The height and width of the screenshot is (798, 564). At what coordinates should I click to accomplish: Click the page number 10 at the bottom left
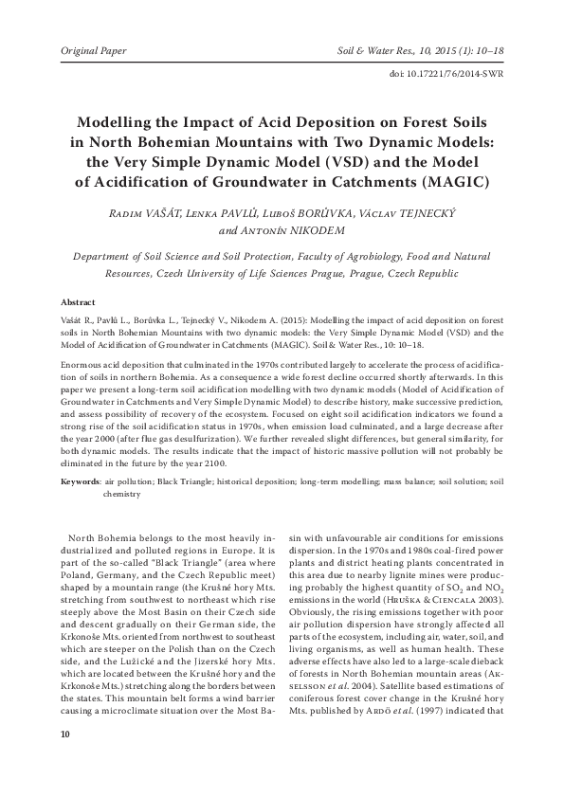64,735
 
